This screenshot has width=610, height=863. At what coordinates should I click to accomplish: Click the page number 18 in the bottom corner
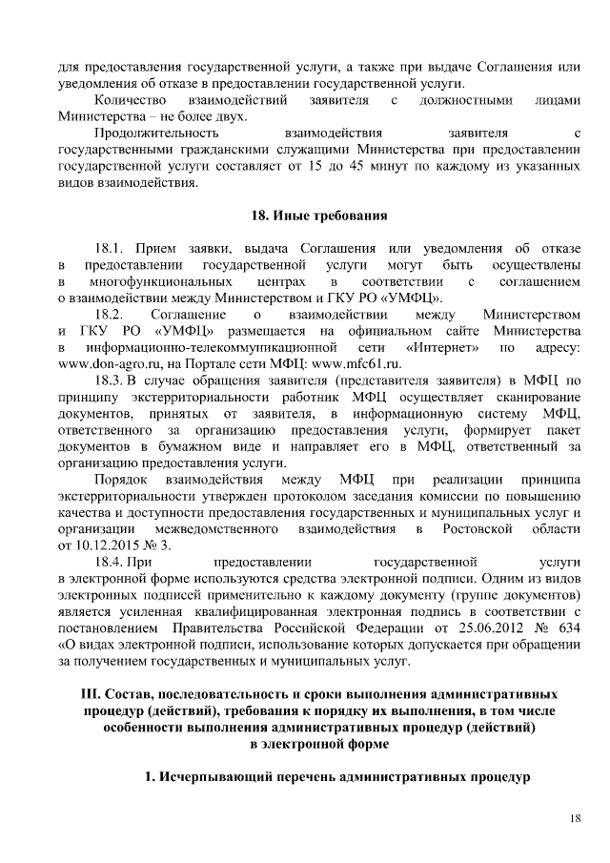point(574,817)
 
